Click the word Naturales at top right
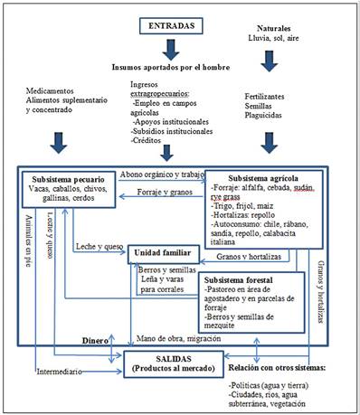268,28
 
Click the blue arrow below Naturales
268,59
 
